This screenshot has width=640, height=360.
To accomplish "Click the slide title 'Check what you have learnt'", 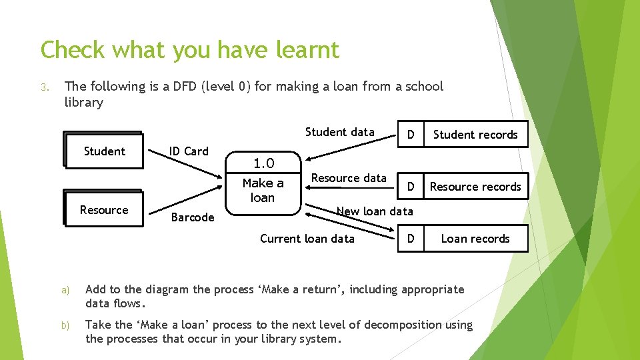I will [190, 49].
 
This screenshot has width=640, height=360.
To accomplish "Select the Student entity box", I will [104, 151].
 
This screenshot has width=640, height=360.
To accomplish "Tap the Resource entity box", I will [104, 210].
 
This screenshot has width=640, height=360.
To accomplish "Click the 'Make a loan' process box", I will [263, 191].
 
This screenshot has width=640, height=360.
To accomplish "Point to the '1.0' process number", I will [263, 163].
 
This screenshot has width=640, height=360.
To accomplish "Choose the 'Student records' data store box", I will [475, 135].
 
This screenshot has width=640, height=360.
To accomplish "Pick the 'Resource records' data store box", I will [475, 187].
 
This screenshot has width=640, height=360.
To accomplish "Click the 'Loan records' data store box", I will [475, 239].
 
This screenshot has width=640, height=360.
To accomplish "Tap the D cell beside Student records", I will [411, 135].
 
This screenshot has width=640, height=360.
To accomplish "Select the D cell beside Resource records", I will [411, 187].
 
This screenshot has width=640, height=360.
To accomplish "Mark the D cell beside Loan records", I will [411, 239].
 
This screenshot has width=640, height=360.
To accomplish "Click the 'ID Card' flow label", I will [189, 151].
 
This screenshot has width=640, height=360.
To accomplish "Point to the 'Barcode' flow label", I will [193, 217].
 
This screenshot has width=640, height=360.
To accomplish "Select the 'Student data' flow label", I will [340, 132].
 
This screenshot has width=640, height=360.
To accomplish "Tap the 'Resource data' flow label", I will [349, 178].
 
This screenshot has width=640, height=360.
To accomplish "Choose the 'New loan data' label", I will [375, 211].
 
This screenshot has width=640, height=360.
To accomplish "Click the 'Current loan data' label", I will [307, 239].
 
